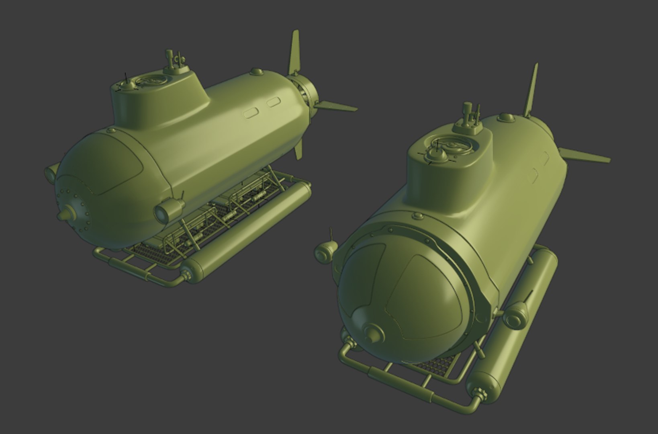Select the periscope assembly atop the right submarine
click(x=468, y=117)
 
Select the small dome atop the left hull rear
click(x=256, y=72)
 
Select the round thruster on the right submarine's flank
click(x=515, y=317)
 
